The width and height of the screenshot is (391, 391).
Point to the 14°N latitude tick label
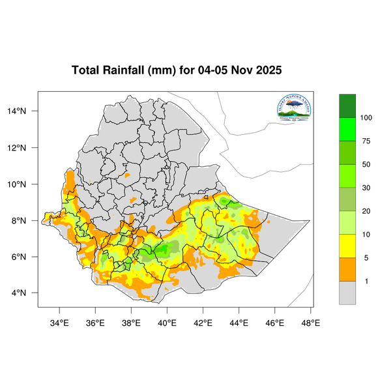tap(25, 111)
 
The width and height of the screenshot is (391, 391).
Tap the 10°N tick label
tap(25, 184)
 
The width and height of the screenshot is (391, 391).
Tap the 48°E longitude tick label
tap(310, 321)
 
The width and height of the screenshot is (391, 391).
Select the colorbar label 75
tap(366, 141)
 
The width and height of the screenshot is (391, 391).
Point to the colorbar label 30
tap(366, 188)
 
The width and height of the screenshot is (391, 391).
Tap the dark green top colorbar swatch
tap(347, 106)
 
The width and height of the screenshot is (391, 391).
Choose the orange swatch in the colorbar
tap(347, 270)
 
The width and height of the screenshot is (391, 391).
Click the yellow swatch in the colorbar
tap(347, 246)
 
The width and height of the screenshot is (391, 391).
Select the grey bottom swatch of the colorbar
tap(347, 293)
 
